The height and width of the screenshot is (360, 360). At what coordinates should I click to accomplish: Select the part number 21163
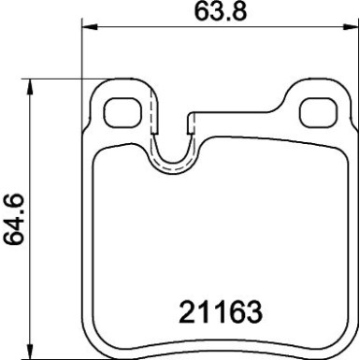coord(217,310)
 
